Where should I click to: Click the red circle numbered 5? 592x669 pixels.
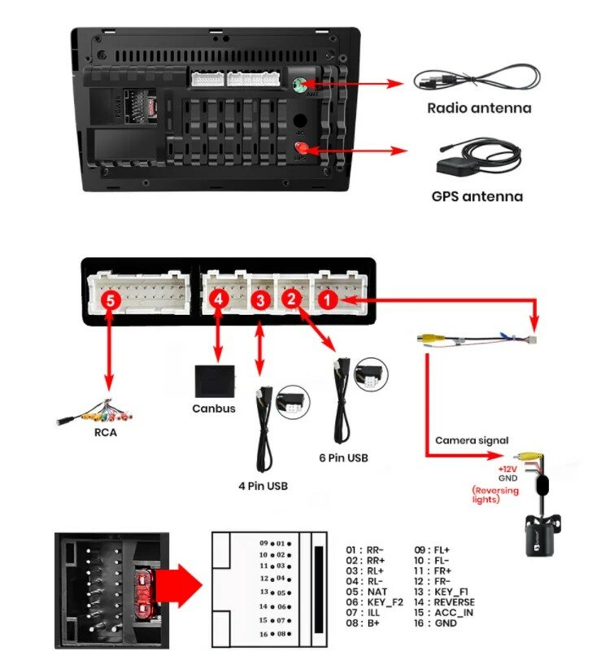point(112,301)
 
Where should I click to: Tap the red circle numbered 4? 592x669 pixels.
point(217,300)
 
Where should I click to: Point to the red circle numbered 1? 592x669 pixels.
point(327,301)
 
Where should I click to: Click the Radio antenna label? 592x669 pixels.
point(479,108)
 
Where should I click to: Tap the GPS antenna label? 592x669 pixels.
point(477,196)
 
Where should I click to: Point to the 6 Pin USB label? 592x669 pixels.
point(343,458)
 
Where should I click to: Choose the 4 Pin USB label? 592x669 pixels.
point(263,487)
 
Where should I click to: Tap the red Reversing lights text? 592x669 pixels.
point(497,495)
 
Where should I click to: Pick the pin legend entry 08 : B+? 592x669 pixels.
point(361,623)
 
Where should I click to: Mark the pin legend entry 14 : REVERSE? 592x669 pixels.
point(444,602)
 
